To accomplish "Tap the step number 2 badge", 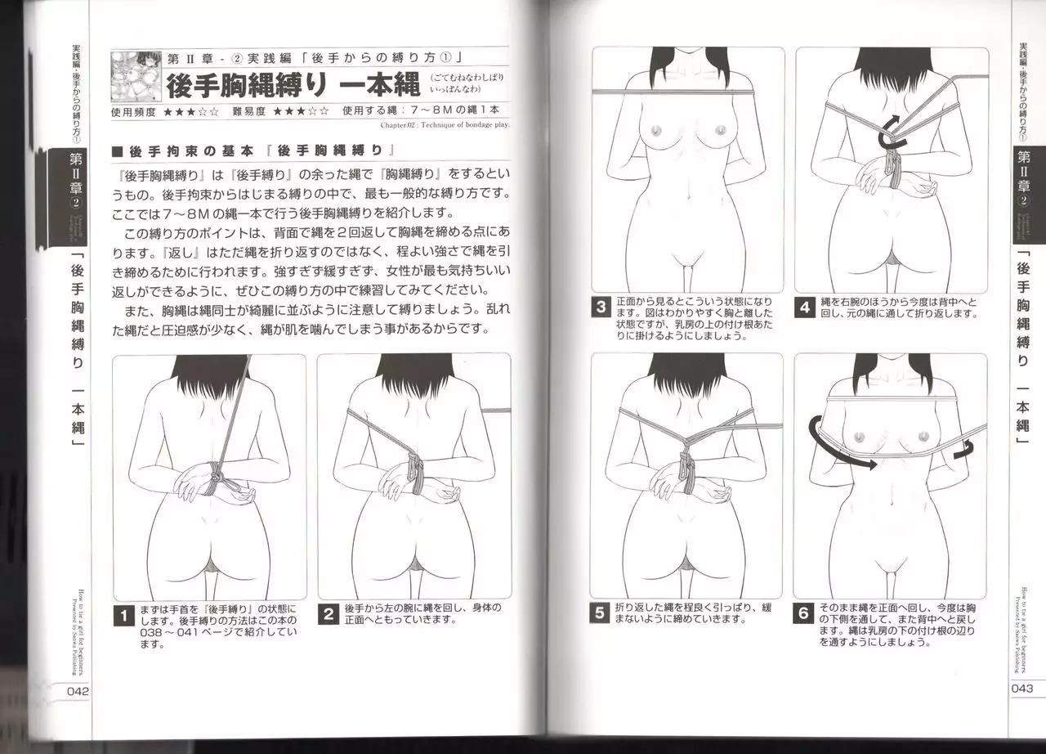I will click(x=329, y=614).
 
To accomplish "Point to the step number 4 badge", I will click(x=806, y=307).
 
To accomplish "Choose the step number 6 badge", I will click(x=805, y=613).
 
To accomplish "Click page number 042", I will click(x=72, y=690).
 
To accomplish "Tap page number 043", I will click(x=1022, y=688).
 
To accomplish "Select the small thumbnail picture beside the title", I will click(x=136, y=77).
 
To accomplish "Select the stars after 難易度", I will click(x=302, y=110).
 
